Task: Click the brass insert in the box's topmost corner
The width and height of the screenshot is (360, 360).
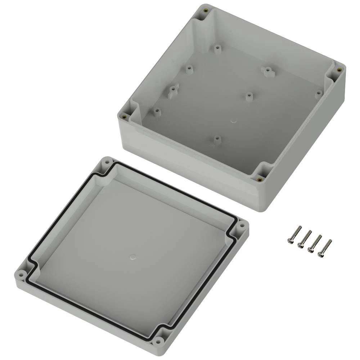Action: [206, 10]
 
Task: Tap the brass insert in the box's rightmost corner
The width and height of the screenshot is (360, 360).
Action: [338, 71]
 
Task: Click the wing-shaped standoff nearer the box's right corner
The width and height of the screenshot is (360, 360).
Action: [268, 70]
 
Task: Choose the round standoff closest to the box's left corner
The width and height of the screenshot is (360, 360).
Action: [157, 111]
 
